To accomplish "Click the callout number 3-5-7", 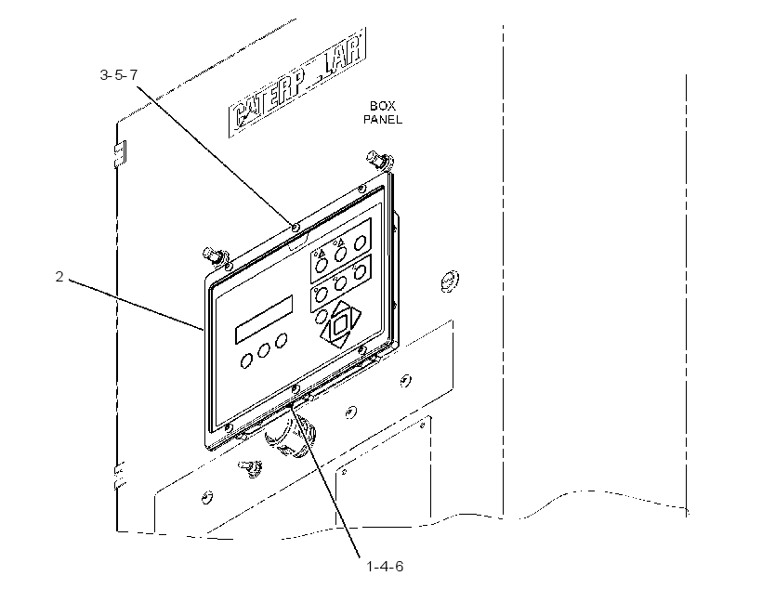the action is (x=119, y=75).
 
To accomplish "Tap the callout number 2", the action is (x=59, y=277).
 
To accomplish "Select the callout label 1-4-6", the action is (x=385, y=567).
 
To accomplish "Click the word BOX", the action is (x=383, y=106).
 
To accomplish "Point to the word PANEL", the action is (x=383, y=120).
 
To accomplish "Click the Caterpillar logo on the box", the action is (x=297, y=83).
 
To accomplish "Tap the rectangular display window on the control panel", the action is (x=264, y=320).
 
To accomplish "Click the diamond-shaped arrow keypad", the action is (x=341, y=324).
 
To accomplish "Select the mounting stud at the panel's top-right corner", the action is (x=379, y=161).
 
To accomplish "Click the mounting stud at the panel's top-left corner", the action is (x=216, y=256).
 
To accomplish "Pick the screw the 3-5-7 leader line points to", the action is (x=295, y=227).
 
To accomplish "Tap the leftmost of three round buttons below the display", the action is (x=246, y=361).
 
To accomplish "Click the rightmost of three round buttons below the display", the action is (x=281, y=341).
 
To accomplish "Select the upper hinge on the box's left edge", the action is (x=120, y=153).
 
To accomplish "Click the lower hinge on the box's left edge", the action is (x=120, y=476).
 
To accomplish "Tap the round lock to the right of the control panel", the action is (x=450, y=281).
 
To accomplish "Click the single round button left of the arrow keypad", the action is (x=322, y=317).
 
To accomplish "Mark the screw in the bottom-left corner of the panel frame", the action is (x=228, y=427).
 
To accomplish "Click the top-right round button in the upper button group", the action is (x=361, y=242).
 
